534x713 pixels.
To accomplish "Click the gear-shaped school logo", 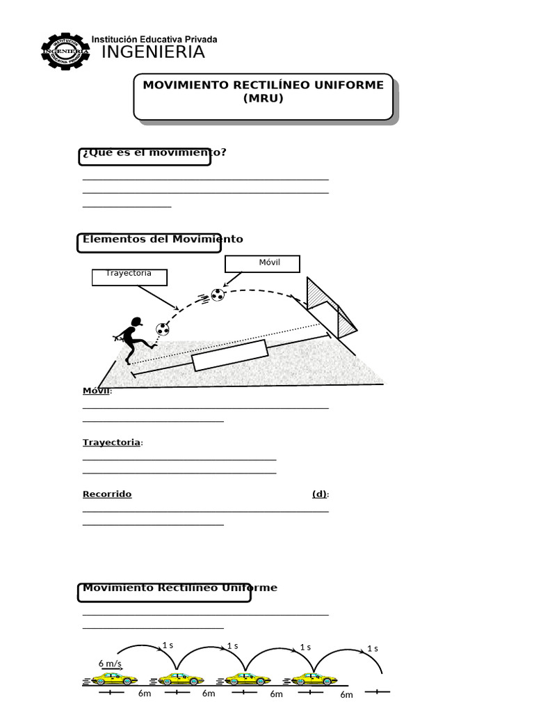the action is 65,53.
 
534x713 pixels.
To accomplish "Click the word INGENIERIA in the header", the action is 153,52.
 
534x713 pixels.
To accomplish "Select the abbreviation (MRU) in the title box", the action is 263,99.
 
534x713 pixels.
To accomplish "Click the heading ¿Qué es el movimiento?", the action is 154,152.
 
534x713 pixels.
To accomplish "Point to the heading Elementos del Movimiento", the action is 163,239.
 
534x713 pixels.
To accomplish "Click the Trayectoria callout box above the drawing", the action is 131,276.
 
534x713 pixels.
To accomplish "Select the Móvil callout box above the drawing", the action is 262,263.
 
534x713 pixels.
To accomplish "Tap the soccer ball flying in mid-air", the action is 218,295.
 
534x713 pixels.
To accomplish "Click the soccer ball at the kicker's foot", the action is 162,329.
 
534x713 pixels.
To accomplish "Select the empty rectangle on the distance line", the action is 229,356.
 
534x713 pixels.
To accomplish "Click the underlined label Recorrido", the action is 107,494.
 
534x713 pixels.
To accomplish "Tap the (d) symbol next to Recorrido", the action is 319,494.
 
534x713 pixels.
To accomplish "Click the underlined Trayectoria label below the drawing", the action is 111,442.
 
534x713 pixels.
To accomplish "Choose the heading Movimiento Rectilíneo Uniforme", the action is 179,588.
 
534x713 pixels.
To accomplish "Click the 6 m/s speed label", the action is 110,663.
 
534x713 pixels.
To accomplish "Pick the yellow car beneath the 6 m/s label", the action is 115,679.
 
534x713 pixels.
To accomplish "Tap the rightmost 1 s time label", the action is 372,648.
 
